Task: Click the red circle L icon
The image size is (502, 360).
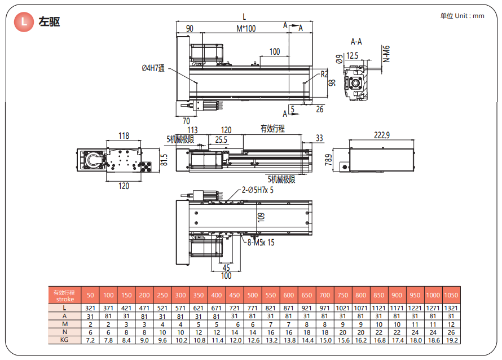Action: (24, 22)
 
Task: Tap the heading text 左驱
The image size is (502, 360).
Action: (49, 22)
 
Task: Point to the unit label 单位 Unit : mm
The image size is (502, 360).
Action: (462, 16)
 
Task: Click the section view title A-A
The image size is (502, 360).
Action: (356, 42)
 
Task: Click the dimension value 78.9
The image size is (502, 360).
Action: (328, 161)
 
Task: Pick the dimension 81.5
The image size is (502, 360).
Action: (164, 160)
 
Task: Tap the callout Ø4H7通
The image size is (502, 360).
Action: (153, 68)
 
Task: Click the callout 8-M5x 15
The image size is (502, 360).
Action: (261, 243)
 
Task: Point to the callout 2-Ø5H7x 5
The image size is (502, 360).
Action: (258, 190)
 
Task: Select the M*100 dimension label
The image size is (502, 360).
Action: (245, 29)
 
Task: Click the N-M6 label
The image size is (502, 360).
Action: (386, 54)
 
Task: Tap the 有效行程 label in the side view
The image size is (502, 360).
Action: (272, 129)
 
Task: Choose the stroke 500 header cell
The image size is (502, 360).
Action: (253, 295)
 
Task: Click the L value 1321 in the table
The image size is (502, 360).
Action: (451, 308)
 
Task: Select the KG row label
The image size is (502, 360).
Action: (64, 340)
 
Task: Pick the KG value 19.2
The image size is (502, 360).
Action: (451, 340)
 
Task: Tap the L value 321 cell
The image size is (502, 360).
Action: (90, 308)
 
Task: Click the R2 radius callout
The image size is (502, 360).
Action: (324, 74)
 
